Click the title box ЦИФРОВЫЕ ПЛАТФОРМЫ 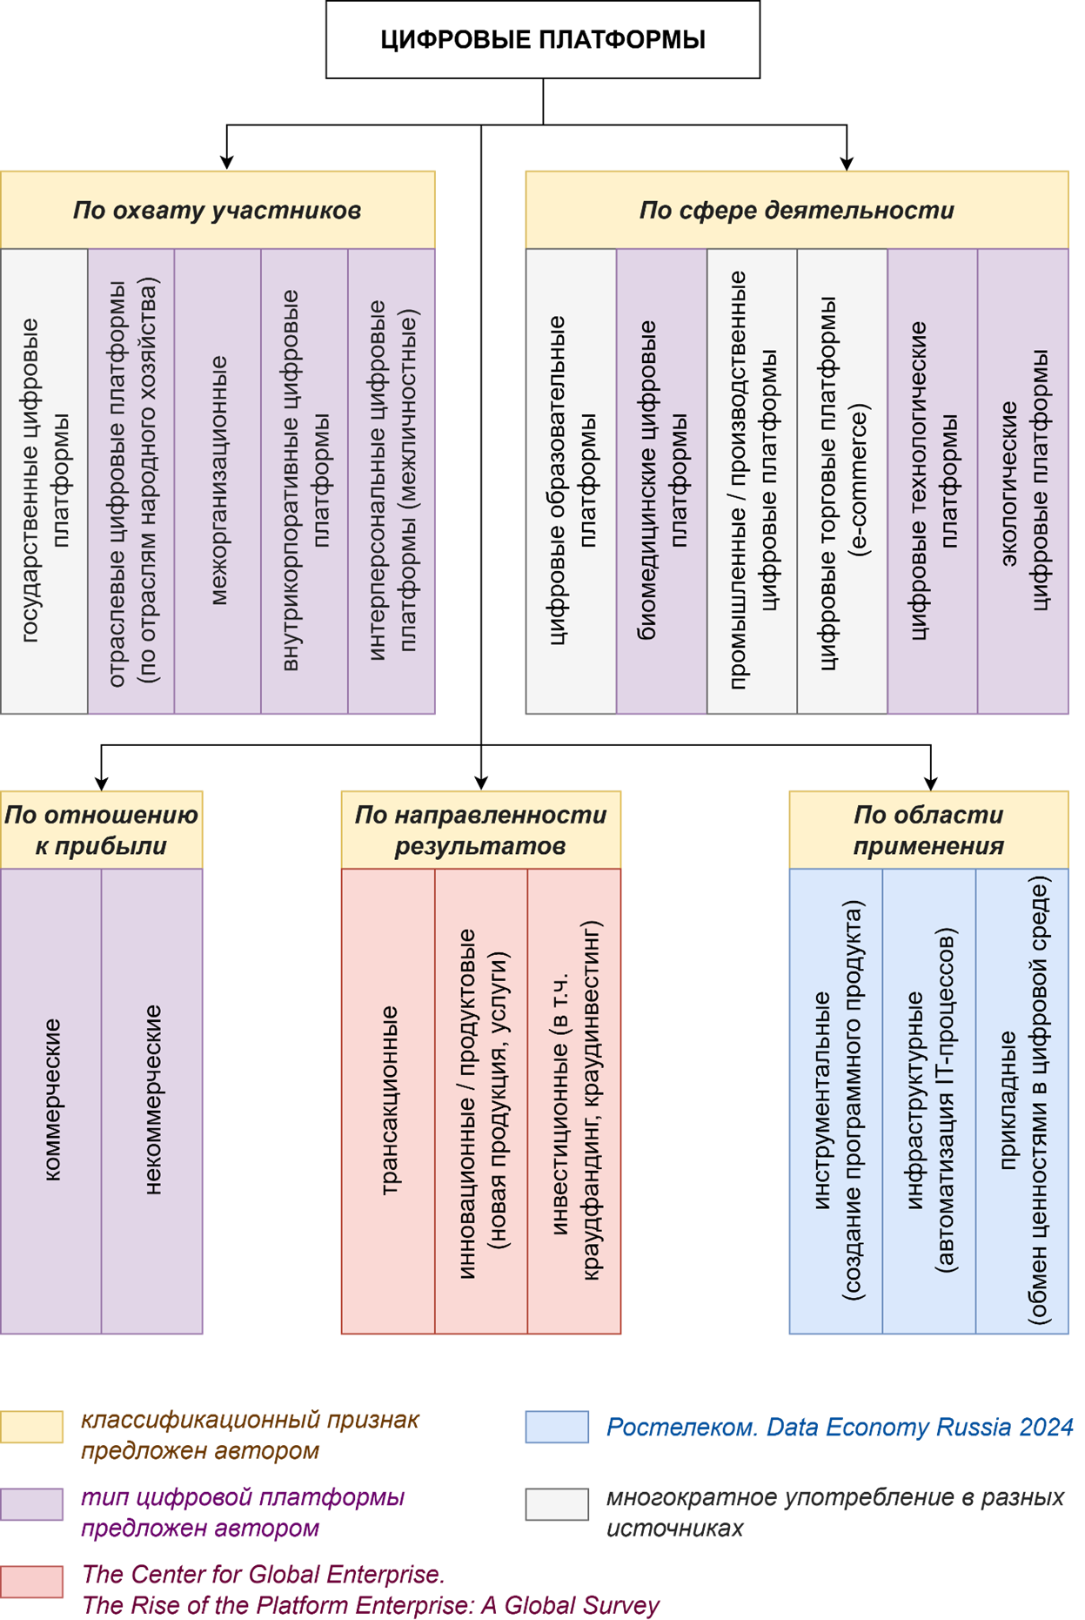542,40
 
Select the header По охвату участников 218,210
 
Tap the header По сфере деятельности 796,210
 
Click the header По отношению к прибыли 101,830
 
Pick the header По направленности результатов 480,830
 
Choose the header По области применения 928,830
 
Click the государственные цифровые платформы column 44,481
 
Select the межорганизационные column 218,481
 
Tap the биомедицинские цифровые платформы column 661,481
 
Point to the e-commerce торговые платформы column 841,481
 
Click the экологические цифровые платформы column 1023,481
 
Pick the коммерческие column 51,1100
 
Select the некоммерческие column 152,1100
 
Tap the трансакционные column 388,1100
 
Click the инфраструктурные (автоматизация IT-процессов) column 929,1100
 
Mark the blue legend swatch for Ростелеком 557,1428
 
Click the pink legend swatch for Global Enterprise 32,1581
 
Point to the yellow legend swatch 32,1428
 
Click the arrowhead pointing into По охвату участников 227,162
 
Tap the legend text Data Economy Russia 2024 919,1428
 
